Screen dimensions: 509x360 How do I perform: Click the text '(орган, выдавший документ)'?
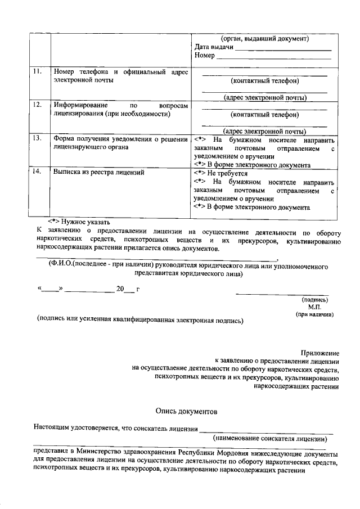click(264, 38)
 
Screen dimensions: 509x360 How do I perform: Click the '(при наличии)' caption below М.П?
click(315, 315)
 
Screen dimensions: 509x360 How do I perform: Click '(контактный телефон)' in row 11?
click(264, 81)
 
